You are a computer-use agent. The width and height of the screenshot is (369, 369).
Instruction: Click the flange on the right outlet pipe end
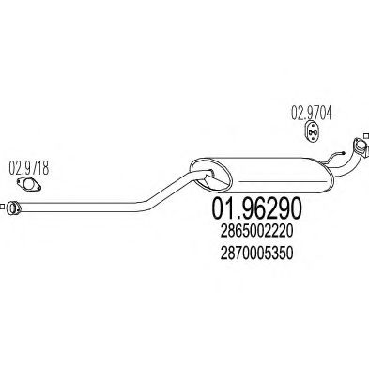(x=356, y=149)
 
